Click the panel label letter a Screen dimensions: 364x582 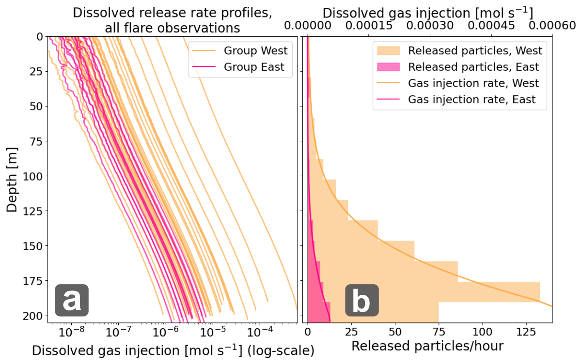pos(72,301)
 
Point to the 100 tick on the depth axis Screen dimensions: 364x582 pos(34,176)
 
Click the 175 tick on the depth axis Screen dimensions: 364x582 pos(34,280)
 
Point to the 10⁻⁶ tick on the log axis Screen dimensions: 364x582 pos(166,333)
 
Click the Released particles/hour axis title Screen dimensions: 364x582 pos(427,347)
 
